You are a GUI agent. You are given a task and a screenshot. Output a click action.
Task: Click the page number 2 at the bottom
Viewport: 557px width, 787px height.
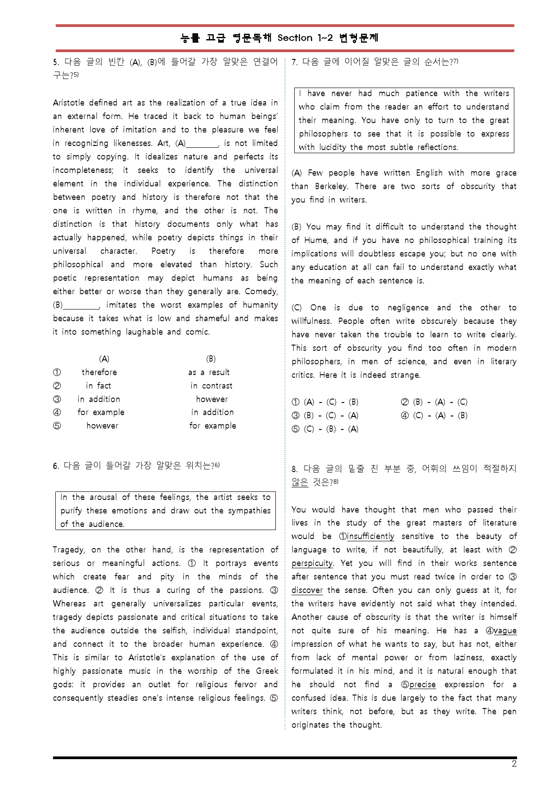point(514,764)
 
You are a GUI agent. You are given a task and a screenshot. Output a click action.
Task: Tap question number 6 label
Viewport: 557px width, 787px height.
point(55,466)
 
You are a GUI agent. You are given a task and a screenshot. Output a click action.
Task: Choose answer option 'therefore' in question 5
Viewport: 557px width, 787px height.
point(99,372)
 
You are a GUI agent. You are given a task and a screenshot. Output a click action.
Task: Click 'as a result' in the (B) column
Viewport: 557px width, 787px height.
point(209,372)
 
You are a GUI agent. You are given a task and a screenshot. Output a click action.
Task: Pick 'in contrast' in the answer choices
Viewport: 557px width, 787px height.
point(211,386)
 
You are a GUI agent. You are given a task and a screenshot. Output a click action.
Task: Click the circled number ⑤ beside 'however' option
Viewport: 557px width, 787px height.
point(57,426)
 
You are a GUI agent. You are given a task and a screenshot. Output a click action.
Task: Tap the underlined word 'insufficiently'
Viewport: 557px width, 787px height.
point(371,536)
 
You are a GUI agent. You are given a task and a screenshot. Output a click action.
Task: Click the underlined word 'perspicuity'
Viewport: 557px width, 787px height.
point(312,563)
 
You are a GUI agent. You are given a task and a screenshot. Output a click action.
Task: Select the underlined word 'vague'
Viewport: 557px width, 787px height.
point(505,631)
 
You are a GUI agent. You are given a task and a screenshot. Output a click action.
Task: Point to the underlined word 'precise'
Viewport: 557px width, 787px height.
point(422,685)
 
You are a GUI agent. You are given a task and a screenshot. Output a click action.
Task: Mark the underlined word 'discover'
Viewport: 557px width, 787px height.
point(307,590)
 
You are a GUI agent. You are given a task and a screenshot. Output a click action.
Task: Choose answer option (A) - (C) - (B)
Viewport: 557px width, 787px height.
point(326,402)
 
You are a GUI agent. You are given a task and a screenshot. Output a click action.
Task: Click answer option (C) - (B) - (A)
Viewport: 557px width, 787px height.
point(326,429)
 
